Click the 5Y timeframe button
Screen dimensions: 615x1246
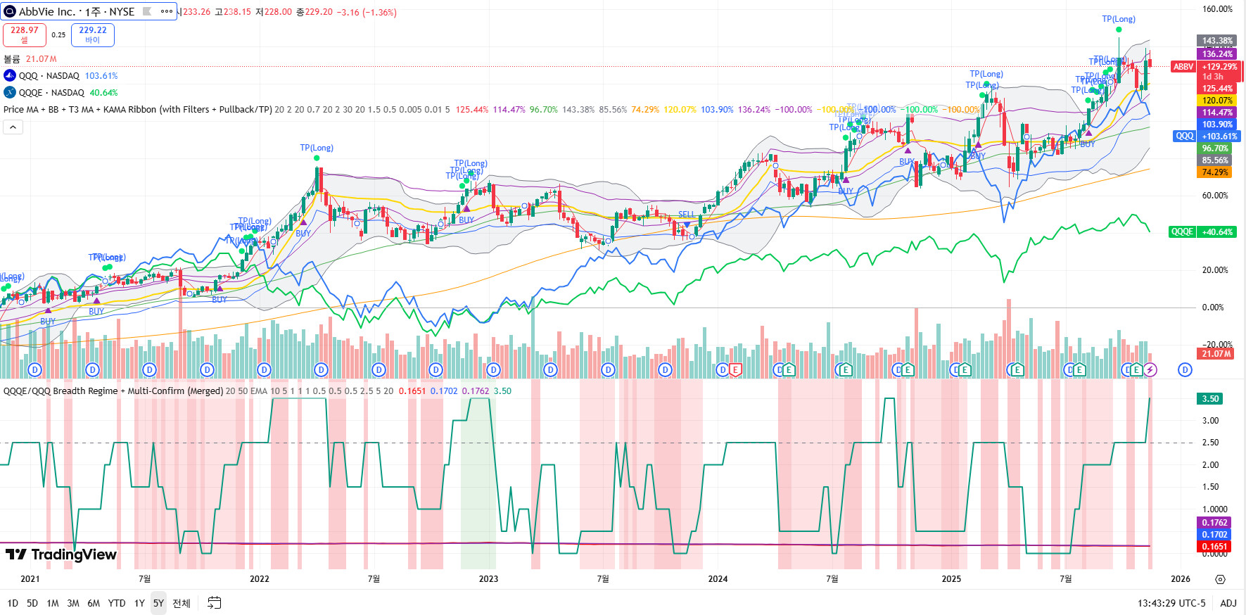click(158, 603)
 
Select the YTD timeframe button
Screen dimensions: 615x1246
click(117, 603)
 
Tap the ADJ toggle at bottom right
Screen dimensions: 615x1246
click(1228, 603)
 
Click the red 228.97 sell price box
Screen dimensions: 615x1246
click(25, 34)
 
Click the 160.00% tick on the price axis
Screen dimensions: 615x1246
click(1216, 9)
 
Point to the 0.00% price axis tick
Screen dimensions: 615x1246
click(1212, 307)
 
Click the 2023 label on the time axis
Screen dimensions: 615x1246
click(488, 579)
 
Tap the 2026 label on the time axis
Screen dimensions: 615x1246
click(1180, 579)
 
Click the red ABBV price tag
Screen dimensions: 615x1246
click(1183, 67)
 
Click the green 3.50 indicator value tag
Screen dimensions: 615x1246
click(1210, 399)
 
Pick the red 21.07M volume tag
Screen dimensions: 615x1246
click(1216, 354)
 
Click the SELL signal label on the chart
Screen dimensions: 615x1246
click(686, 215)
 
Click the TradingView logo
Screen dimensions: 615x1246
click(61, 554)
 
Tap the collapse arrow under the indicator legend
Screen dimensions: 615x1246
click(13, 127)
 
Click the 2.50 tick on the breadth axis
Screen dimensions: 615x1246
click(1210, 443)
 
